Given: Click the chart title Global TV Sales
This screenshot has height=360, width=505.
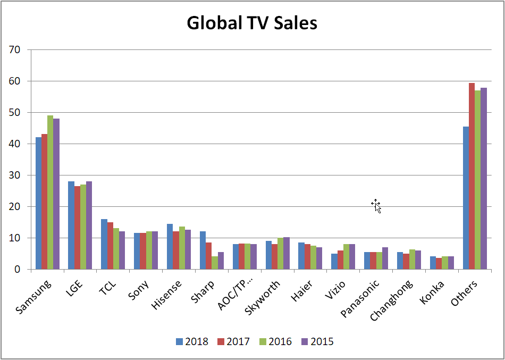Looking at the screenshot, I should pos(252,23).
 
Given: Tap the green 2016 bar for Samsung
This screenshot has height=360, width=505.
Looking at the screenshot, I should pos(50,192).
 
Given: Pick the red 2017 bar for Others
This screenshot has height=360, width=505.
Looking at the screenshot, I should pos(472,176).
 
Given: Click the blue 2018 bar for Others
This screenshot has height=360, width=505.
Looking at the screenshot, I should pos(466,198).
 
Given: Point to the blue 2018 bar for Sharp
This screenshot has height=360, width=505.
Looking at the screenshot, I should pos(203,250).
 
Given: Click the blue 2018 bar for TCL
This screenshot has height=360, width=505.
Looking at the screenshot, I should pos(104,244).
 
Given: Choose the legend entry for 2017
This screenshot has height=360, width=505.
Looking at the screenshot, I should pos(234,341).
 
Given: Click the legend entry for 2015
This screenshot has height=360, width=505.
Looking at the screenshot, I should pos(318,341).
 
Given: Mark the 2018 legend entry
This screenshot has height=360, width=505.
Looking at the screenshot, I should pos(192,341).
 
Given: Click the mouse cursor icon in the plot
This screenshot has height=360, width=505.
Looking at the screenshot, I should pos(376,205).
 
